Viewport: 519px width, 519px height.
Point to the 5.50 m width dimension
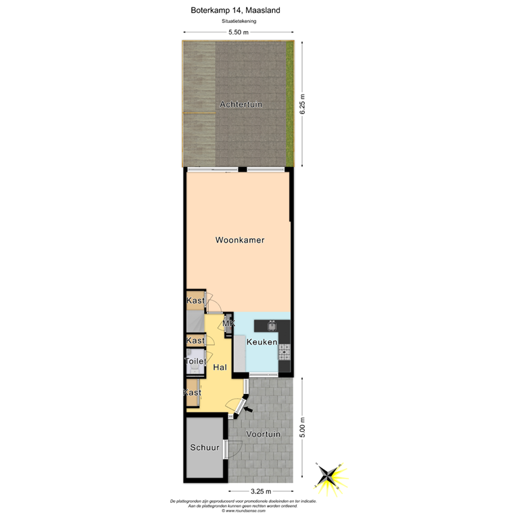pos(238,32)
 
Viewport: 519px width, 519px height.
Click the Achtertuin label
pos(241,104)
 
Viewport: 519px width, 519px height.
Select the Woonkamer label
pos(239,240)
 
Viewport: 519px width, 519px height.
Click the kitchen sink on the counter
pos(272,326)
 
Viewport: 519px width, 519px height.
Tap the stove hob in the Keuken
pos(284,351)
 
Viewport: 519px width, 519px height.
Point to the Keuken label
pos(262,343)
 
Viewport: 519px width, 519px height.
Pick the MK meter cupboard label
pos(228,324)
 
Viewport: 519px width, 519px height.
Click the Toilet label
pos(195,362)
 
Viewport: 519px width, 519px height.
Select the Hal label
pos(220,368)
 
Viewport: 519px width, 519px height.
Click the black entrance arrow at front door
pos(248,408)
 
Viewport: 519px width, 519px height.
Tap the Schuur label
pos(203,447)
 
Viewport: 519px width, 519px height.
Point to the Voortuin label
pos(264,435)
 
